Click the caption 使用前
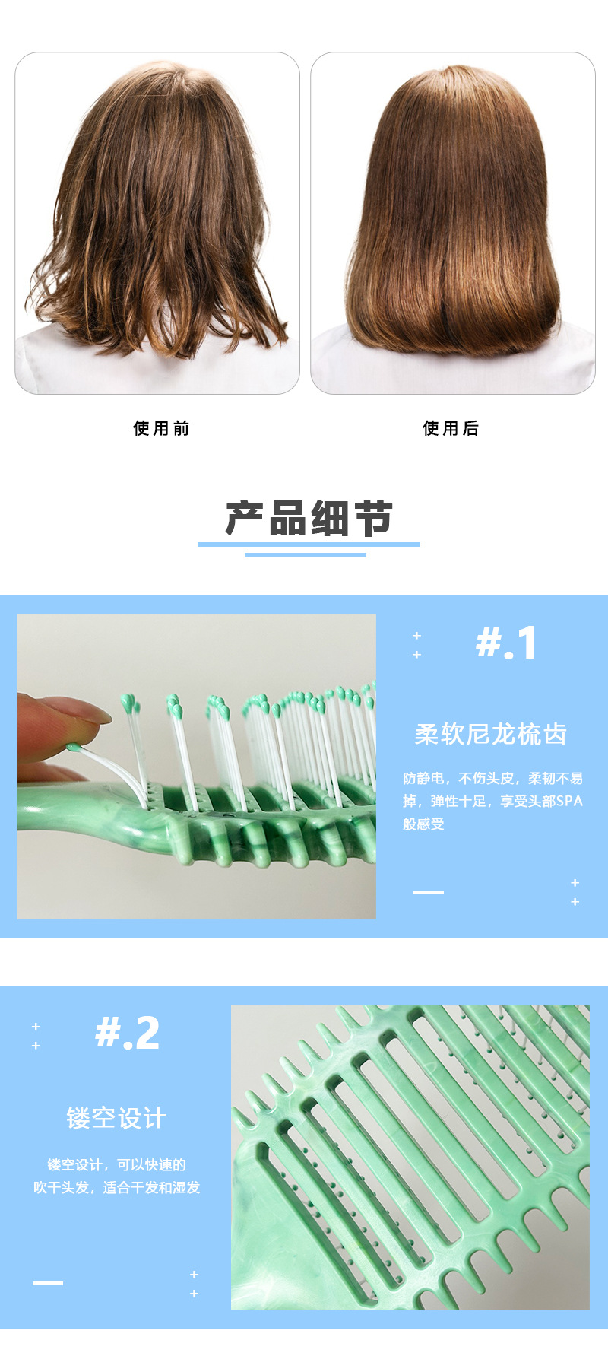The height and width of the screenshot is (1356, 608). click(x=161, y=428)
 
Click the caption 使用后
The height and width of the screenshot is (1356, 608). click(x=451, y=428)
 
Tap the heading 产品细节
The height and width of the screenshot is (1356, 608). click(x=309, y=519)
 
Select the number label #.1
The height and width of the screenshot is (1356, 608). click(x=506, y=643)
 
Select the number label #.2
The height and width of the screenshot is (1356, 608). click(x=128, y=1033)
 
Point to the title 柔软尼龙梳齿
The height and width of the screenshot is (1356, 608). click(x=491, y=734)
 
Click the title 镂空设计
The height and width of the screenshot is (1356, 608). click(x=116, y=1118)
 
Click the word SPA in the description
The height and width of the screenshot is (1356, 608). click(x=569, y=801)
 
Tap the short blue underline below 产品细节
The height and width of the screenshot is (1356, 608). click(x=305, y=554)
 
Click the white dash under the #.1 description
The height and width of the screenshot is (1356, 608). click(x=428, y=892)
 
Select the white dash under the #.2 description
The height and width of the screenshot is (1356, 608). click(x=48, y=1283)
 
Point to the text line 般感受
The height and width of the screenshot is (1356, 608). click(x=423, y=824)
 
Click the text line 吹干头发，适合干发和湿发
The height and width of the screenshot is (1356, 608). click(x=116, y=1187)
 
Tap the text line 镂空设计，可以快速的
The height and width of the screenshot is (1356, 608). click(x=116, y=1164)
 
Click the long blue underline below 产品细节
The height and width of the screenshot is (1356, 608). click(x=309, y=544)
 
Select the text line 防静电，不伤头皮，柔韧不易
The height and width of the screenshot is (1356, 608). click(x=493, y=778)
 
